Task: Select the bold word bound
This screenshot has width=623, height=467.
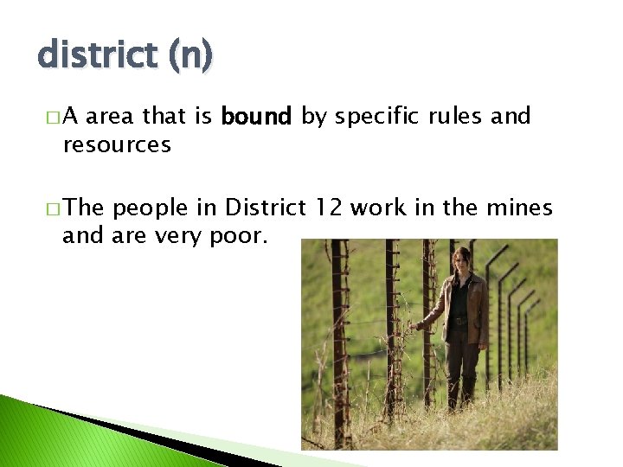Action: [257, 117]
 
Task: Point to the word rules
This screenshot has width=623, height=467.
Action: [457, 117]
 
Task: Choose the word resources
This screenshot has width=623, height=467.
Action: [117, 144]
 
